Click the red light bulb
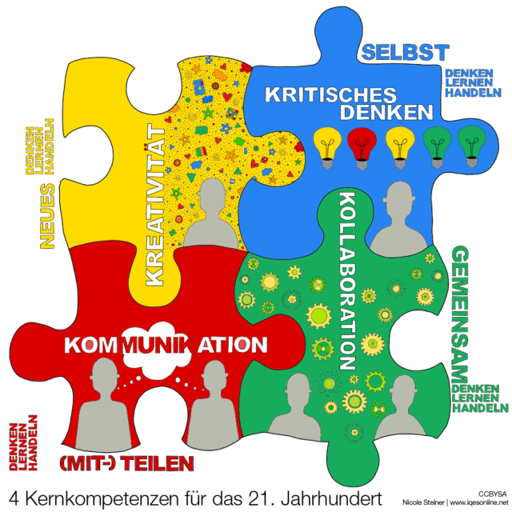point(362,146)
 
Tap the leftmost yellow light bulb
point(328,146)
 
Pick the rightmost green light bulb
point(471,146)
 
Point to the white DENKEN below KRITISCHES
point(386,113)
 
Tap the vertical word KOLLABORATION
point(347,280)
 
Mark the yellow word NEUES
point(47,216)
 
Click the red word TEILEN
point(157,463)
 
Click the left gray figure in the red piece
point(103,404)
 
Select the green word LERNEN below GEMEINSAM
point(476,398)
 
